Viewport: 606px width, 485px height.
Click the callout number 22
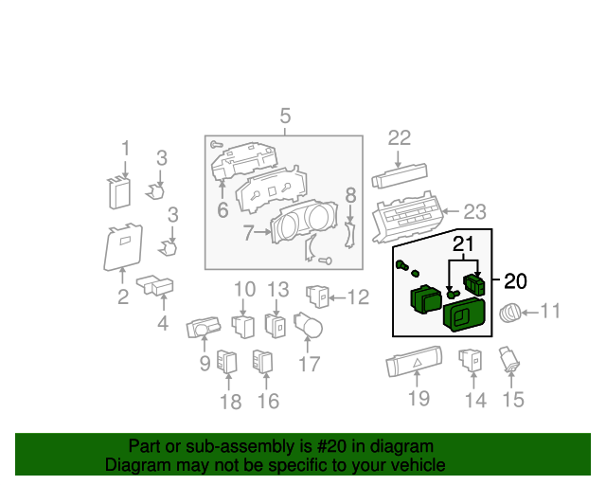(400, 138)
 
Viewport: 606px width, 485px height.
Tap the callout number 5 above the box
(285, 116)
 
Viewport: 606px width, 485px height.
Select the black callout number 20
(515, 281)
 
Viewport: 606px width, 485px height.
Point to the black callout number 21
(463, 243)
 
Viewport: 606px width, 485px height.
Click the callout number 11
(549, 311)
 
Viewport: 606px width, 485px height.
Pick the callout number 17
(310, 364)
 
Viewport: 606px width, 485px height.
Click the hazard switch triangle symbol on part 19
(418, 363)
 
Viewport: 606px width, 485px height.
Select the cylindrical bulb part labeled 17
(308, 325)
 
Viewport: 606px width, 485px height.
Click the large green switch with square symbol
(464, 315)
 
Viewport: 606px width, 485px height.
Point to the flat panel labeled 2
(123, 246)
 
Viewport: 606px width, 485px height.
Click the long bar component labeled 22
(400, 176)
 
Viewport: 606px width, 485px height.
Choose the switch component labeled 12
(318, 297)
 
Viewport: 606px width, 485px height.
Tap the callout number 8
(350, 195)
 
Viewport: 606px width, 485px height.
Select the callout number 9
(205, 364)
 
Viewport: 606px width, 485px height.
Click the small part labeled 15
(509, 360)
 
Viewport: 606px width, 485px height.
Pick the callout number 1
(125, 149)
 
